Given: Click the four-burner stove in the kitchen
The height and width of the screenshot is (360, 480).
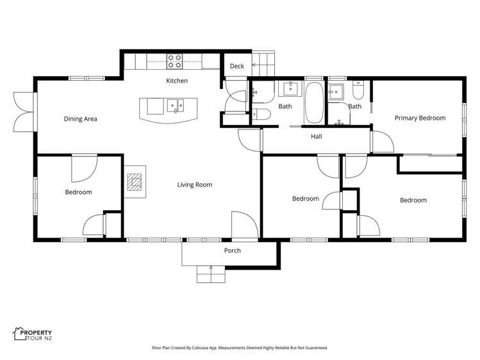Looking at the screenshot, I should [175, 61].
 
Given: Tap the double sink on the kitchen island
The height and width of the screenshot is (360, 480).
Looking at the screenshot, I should [175, 104].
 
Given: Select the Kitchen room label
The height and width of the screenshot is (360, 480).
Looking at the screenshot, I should [177, 81].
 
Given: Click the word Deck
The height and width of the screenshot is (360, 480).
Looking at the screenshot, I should [237, 66].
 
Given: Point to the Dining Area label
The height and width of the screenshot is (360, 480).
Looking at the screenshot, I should [80, 119].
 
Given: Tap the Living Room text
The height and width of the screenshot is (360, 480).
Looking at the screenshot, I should [194, 185].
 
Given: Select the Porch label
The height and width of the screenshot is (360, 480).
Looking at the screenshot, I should [232, 250].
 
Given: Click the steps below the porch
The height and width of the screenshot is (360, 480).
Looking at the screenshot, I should [211, 274].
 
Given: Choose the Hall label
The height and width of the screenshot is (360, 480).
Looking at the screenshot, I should [317, 136].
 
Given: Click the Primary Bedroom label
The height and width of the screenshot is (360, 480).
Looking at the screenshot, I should [420, 118].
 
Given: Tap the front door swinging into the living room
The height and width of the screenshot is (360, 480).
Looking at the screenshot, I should [244, 225].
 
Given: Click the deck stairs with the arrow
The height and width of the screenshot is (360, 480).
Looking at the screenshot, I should [262, 61].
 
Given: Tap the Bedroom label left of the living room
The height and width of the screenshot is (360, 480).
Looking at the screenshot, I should [78, 192].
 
